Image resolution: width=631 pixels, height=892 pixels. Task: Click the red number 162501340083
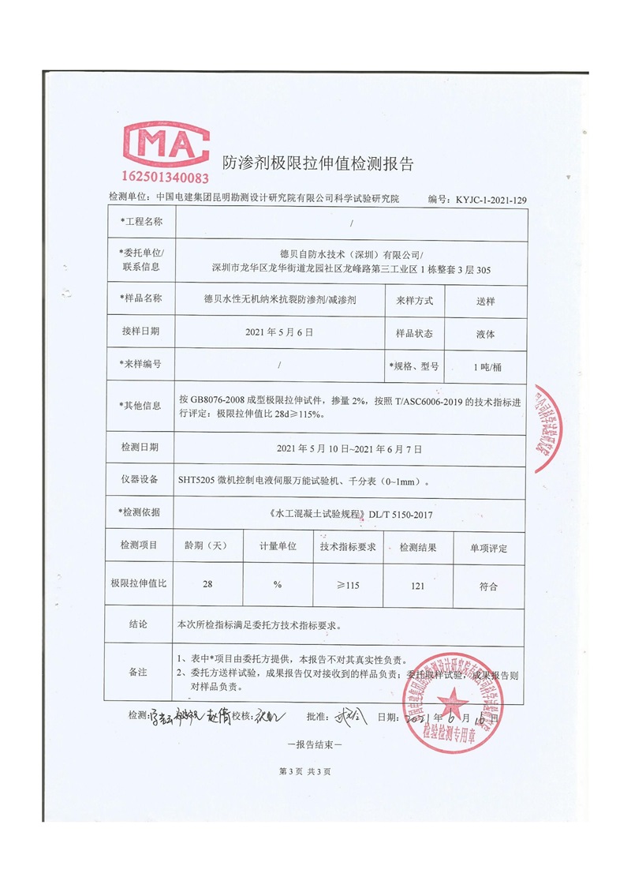164,178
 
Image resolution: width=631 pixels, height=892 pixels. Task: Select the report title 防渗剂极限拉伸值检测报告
318,164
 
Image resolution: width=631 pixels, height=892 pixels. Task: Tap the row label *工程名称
141,222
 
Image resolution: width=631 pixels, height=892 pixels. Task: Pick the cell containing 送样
486,300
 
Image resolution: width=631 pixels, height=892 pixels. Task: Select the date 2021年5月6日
280,333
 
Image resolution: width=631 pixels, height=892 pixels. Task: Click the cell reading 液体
486,333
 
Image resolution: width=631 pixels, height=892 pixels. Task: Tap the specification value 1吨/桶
486,366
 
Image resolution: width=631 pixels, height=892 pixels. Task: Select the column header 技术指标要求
347,547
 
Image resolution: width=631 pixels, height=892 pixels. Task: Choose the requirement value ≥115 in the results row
348,586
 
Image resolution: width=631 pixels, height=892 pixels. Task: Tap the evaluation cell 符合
488,586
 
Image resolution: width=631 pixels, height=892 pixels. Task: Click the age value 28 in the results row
207,586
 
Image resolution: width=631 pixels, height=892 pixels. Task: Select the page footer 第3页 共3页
305,771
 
